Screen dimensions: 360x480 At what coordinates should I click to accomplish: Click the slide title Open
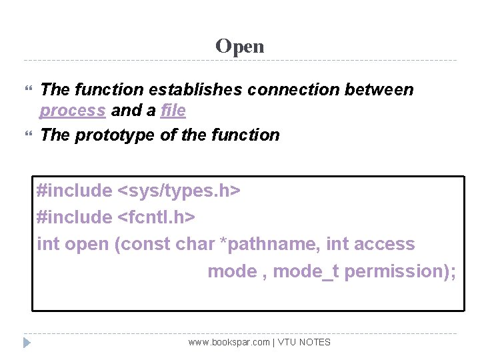tap(240, 46)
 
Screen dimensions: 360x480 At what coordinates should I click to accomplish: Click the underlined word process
tap(73, 111)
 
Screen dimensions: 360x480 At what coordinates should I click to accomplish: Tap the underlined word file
tap(173, 111)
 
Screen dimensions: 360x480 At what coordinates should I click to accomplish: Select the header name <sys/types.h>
tap(179, 191)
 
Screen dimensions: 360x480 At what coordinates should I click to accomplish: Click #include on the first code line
tap(75, 191)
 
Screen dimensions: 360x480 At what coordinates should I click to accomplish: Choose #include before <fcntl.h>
tap(75, 217)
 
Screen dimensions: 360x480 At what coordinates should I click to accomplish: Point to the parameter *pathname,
tap(270, 244)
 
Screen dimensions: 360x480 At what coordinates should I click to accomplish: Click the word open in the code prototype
tap(87, 244)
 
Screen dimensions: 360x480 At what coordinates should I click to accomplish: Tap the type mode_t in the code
tap(306, 271)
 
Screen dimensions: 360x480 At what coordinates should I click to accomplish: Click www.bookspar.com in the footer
tap(229, 342)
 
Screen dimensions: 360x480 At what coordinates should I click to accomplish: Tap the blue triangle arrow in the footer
tap(27, 343)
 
